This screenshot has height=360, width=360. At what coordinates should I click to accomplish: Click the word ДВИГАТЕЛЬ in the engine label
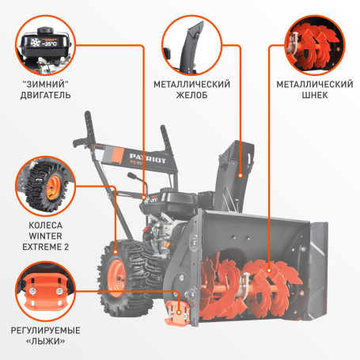click(x=45, y=95)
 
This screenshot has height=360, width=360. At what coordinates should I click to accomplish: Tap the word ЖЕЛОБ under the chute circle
click(x=191, y=95)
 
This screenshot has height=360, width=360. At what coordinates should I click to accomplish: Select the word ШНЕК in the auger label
click(x=315, y=95)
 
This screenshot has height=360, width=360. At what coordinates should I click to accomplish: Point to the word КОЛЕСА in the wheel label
click(x=45, y=225)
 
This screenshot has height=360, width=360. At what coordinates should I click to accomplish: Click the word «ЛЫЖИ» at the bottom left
click(x=45, y=341)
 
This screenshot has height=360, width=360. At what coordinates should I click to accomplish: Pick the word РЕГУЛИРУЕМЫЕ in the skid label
click(x=45, y=331)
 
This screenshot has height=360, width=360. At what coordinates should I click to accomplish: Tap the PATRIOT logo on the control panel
click(x=148, y=159)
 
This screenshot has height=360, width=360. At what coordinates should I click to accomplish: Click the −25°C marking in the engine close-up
click(x=50, y=44)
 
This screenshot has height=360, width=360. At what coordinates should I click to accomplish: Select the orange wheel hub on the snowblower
click(x=116, y=278)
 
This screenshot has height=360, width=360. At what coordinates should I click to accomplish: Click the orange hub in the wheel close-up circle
click(x=53, y=188)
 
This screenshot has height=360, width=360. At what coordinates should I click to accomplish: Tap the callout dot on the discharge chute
click(x=241, y=176)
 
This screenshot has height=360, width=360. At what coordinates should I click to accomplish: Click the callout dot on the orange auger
click(x=269, y=271)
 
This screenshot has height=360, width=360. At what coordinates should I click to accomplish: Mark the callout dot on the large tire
click(x=116, y=252)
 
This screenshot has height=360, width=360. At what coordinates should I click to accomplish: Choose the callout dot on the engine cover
click(x=144, y=197)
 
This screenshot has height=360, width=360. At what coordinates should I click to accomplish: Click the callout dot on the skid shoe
click(x=179, y=313)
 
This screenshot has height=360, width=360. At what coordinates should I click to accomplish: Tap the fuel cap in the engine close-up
click(x=45, y=30)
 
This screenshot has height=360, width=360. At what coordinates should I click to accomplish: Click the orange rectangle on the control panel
click(x=118, y=155)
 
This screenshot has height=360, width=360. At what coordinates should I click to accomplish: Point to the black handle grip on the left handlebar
click(x=79, y=142)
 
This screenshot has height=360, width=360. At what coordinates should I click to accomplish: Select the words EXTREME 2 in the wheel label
click(x=45, y=247)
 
